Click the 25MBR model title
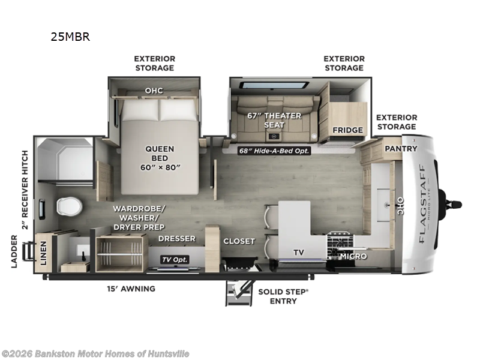(70, 37)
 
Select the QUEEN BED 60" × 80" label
(160, 154)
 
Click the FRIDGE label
(347, 130)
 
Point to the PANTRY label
(401, 148)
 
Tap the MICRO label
(353, 256)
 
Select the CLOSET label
(239, 241)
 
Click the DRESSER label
(177, 239)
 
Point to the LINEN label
(43, 251)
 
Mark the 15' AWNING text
(130, 289)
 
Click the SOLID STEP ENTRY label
(283, 296)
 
